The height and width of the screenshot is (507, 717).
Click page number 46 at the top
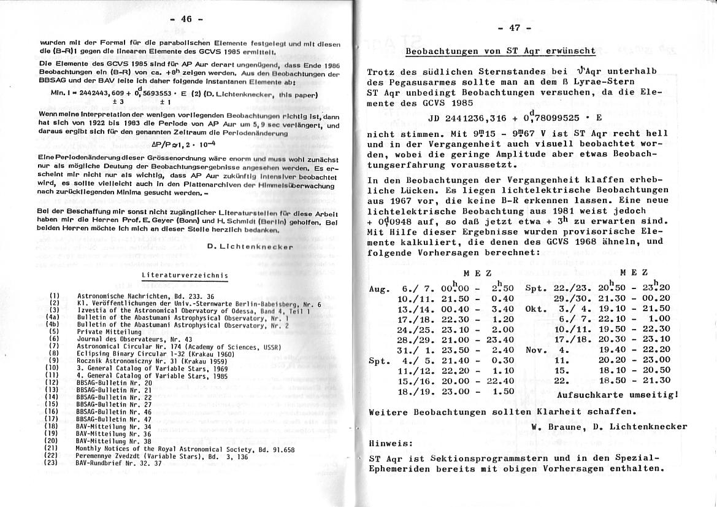pyautogui.click(x=186, y=20)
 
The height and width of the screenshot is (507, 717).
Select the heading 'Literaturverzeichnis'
pyautogui.click(x=185, y=275)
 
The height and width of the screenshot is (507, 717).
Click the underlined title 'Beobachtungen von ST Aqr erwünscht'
pyautogui.click(x=500, y=51)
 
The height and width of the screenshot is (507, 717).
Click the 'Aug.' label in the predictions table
pyautogui.click(x=380, y=288)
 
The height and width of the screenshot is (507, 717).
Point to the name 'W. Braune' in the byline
pyautogui.click(x=554, y=427)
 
